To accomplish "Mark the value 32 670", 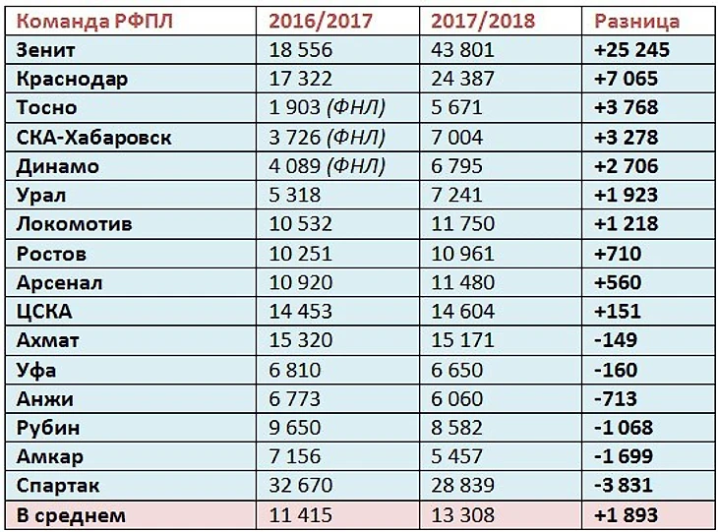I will (302, 486).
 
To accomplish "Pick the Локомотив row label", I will (75, 224).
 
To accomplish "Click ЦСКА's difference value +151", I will (618, 312).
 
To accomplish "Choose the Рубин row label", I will (48, 428).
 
